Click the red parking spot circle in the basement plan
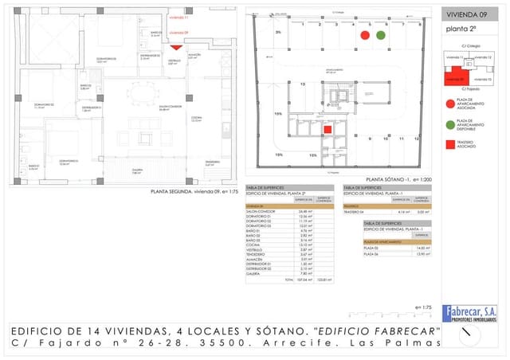(x=365, y=36)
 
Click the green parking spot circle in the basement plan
(x=381, y=36)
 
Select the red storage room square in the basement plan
(x=327, y=129)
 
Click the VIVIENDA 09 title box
(x=468, y=14)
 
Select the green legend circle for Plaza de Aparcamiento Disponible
(x=450, y=124)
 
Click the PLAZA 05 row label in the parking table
(x=371, y=248)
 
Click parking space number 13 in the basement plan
(x=302, y=84)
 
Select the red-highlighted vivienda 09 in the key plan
(x=454, y=77)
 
